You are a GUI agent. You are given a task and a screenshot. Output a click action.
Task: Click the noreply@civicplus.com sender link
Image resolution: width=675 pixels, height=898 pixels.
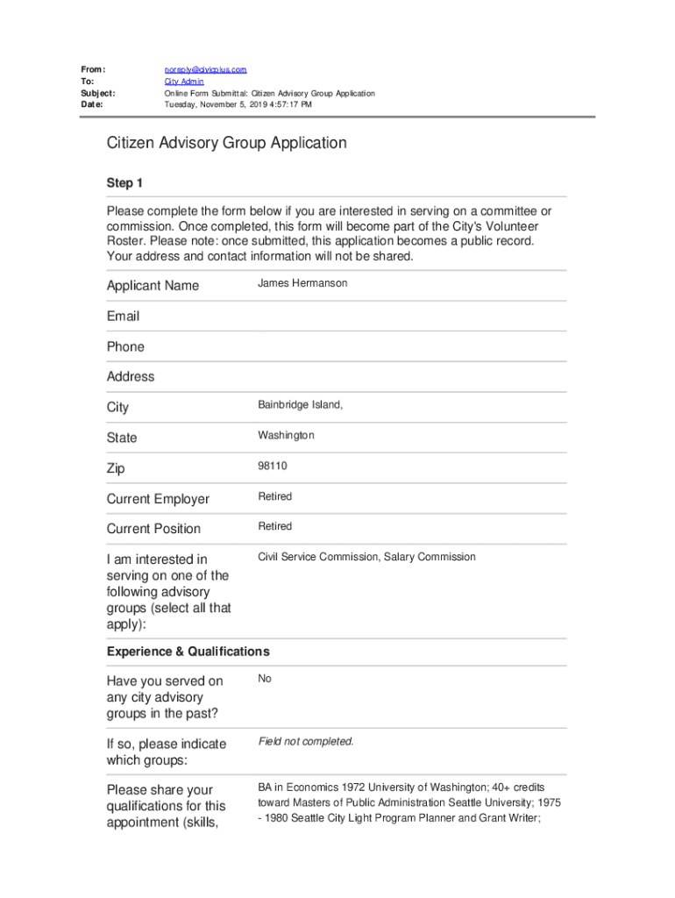[x=206, y=69]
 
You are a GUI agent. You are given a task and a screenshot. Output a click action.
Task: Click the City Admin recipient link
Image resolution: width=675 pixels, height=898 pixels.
[x=184, y=82]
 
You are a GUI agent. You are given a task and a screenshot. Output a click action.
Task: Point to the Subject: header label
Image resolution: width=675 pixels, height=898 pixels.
[x=98, y=93]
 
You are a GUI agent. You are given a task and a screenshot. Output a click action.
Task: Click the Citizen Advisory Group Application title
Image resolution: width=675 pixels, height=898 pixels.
[x=227, y=143]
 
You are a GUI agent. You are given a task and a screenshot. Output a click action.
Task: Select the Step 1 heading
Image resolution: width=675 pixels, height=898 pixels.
[x=124, y=183]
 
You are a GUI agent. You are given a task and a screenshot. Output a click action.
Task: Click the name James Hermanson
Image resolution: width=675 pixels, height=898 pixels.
[x=302, y=283]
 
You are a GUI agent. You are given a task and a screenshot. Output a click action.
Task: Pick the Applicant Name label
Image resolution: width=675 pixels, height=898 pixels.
[x=153, y=286]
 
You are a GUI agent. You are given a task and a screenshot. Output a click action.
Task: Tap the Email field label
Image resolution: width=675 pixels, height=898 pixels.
[x=123, y=316]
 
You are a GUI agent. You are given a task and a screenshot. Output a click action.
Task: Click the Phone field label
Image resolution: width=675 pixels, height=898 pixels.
[x=125, y=346]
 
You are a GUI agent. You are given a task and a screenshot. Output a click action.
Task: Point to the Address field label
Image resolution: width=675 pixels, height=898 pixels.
[x=131, y=376]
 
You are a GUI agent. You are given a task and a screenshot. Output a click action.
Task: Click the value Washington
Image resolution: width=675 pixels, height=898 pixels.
[x=286, y=436]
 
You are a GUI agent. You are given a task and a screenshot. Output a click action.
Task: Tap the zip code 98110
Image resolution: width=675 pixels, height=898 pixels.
[x=272, y=467]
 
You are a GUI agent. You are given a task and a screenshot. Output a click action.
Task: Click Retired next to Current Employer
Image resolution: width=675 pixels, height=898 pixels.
[x=274, y=496]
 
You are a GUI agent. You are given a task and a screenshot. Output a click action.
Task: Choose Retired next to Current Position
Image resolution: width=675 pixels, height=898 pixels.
[x=274, y=526]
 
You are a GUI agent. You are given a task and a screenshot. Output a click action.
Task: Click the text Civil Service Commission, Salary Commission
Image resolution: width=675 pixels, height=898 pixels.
[x=366, y=557]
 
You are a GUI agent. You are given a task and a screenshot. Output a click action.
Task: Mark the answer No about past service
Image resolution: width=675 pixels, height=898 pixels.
[x=265, y=679]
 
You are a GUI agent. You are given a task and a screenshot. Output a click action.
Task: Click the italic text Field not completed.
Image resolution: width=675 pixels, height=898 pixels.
[x=306, y=742]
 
